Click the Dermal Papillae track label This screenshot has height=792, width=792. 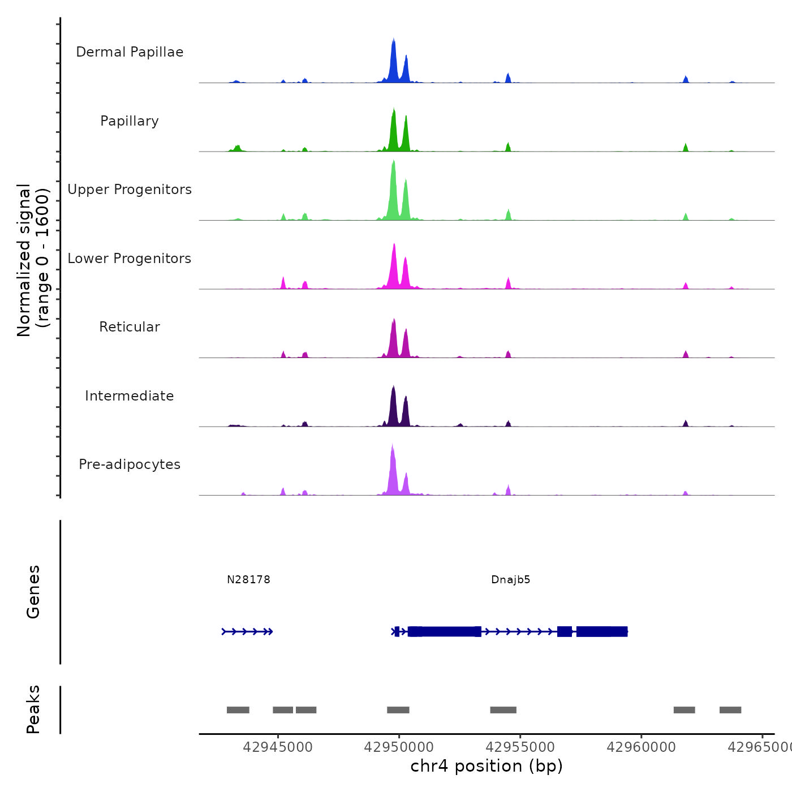pyautogui.click(x=130, y=52)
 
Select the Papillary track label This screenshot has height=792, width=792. pyautogui.click(x=130, y=121)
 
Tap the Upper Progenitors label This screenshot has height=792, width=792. pyautogui.click(x=130, y=190)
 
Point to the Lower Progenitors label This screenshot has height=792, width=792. pyautogui.click(x=130, y=259)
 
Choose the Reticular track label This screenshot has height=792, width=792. pyautogui.click(x=130, y=327)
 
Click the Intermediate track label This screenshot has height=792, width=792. pyautogui.click(x=130, y=396)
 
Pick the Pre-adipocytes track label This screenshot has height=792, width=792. pyautogui.click(x=130, y=464)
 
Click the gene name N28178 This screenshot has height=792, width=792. pyautogui.click(x=248, y=580)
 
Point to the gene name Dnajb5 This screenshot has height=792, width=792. pyautogui.click(x=511, y=580)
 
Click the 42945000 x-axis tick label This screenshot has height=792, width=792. pyautogui.click(x=278, y=747)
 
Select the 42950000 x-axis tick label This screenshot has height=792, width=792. pyautogui.click(x=399, y=747)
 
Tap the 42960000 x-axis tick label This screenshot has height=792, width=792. pyautogui.click(x=641, y=747)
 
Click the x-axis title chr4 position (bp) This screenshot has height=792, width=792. pyautogui.click(x=487, y=766)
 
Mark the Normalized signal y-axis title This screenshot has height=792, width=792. pyautogui.click(x=33, y=260)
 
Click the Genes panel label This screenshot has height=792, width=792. pyautogui.click(x=33, y=592)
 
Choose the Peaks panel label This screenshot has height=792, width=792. pyautogui.click(x=33, y=709)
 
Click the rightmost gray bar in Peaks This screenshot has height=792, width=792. pyautogui.click(x=730, y=710)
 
